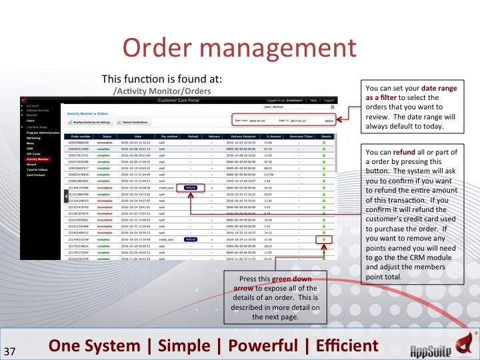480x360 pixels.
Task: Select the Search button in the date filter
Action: pyautogui.click(x=329, y=121)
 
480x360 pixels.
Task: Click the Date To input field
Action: pyautogui.click(x=304, y=121)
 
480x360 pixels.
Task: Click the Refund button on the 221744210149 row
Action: pyautogui.click(x=191, y=238)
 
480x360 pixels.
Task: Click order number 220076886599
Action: pyautogui.click(x=81, y=142)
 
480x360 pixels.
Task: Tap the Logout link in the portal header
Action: pyautogui.click(x=329, y=100)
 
